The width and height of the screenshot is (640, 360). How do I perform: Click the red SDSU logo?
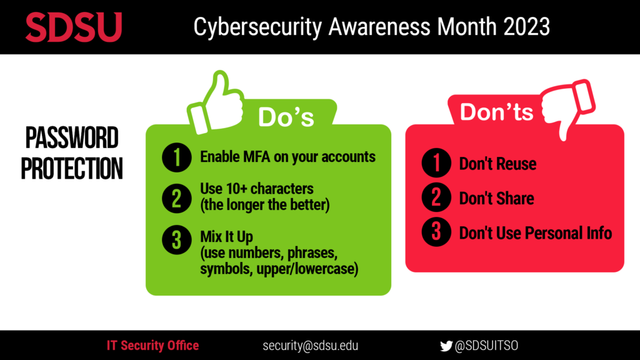tap(74, 27)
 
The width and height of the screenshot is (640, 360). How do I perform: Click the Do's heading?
tap(286, 117)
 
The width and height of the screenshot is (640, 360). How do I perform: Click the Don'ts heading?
tap(496, 112)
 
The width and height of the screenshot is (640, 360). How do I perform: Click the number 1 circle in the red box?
tap(436, 164)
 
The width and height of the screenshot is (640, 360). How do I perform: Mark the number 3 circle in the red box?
tap(436, 233)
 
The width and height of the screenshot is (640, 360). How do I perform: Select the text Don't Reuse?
tap(497, 164)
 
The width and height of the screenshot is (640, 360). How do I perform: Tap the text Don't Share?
tap(496, 199)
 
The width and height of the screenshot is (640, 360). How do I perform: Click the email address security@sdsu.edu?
tap(311, 346)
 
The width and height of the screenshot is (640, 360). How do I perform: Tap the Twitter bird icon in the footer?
tap(446, 346)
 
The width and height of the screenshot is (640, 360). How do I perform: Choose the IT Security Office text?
tap(152, 346)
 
